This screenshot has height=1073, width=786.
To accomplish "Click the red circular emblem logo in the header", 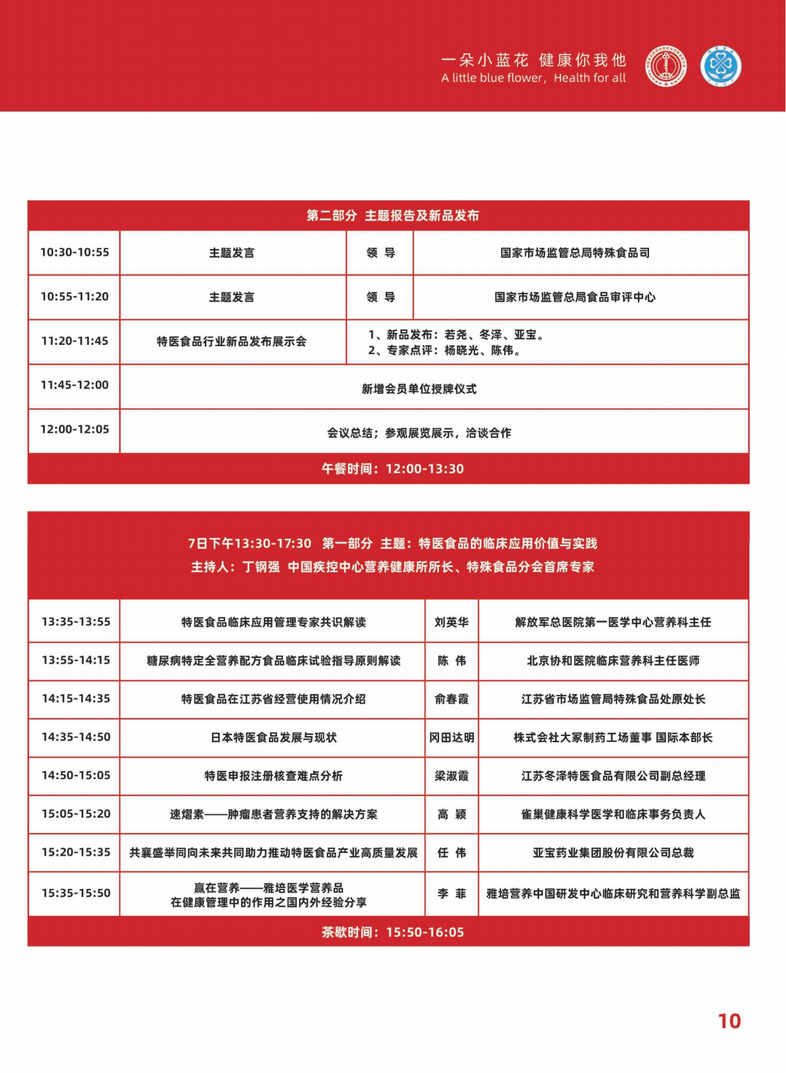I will (666, 67).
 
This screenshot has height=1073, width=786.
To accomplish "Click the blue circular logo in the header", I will (721, 67).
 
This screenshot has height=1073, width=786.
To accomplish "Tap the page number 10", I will (730, 1021).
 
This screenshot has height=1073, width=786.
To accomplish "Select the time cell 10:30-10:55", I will (74, 252).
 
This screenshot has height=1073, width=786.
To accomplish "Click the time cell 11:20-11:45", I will (74, 341).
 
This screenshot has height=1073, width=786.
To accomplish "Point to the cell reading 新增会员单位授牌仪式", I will (419, 389).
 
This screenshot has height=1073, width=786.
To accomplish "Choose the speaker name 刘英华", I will (451, 622).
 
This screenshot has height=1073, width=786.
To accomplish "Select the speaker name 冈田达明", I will (451, 737).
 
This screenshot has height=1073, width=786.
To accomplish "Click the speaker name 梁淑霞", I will (451, 776).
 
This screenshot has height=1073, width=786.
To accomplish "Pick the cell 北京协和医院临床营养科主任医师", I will (613, 660).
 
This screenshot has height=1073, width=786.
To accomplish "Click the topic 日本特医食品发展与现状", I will (273, 737).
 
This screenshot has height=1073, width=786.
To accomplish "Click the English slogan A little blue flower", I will (533, 78).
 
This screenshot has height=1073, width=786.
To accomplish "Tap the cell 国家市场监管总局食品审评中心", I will (575, 297).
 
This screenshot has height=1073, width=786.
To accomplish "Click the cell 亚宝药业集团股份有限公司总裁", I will (613, 853).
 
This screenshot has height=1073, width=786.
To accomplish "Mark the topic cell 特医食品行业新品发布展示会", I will (232, 341).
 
